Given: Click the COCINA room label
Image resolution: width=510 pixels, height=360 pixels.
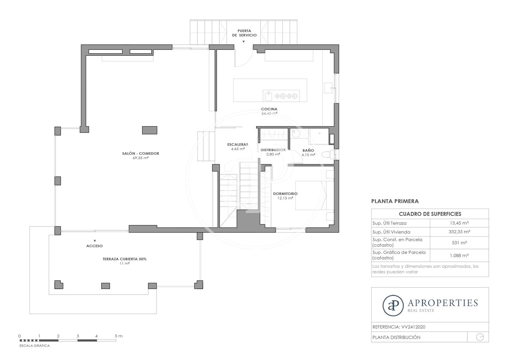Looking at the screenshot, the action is [269, 109].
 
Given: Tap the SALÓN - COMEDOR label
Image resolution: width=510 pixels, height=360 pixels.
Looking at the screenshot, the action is [141, 153].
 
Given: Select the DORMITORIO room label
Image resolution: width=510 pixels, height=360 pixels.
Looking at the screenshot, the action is [285, 194].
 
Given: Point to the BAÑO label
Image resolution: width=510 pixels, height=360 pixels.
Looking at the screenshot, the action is [308, 150].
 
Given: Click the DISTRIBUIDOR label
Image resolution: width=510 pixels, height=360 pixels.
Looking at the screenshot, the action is [273, 150].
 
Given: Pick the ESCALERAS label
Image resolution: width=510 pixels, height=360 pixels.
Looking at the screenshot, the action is [238, 145].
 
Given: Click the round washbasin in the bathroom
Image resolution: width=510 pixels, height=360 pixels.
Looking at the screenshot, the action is [296, 133].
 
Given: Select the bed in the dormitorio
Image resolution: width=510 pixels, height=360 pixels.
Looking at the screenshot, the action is [311, 195].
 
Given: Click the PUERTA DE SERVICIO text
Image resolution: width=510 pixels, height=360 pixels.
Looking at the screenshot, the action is [244, 33].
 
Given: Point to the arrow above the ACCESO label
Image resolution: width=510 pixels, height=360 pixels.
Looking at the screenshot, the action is [95, 240].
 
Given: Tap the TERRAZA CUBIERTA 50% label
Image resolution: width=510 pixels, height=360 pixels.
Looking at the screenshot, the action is [125, 259].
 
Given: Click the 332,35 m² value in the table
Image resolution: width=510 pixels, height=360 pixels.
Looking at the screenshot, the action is [459, 232].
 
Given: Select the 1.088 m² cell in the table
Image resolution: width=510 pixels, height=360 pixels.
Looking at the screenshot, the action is [459, 255].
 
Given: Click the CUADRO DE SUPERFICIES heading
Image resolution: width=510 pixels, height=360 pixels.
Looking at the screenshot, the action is [430, 214].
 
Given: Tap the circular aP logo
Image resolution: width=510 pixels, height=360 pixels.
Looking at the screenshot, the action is [393, 306].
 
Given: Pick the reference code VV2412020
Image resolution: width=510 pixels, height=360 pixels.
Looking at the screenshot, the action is [413, 327].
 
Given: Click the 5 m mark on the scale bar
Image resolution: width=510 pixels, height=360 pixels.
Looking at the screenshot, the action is [118, 336].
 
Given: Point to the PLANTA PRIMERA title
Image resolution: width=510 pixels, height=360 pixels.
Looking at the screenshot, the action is [395, 201].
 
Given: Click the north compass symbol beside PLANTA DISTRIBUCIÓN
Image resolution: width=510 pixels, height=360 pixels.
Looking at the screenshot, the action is [480, 337].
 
